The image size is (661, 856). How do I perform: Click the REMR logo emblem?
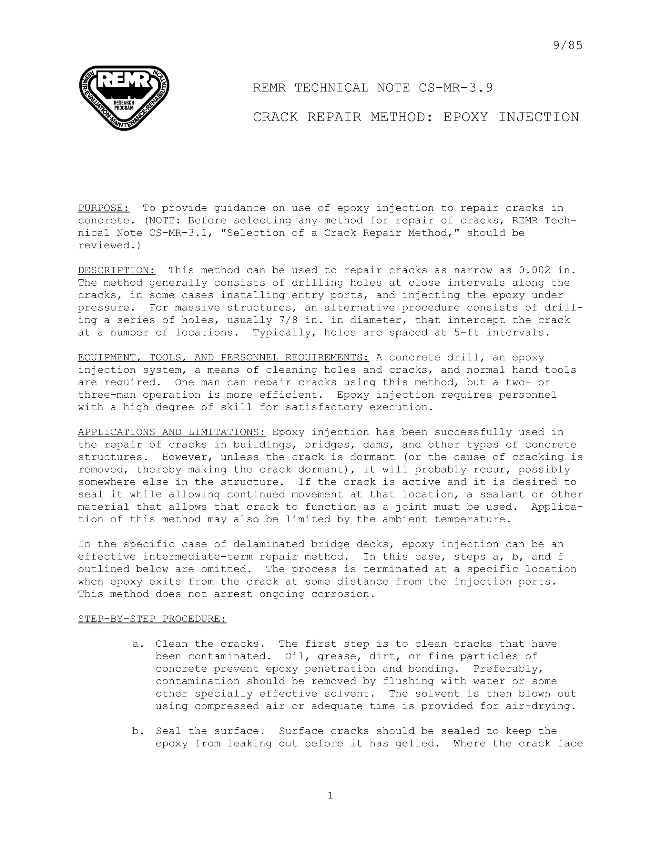pyautogui.click(x=124, y=98)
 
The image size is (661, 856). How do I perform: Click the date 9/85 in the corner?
pyautogui.click(x=568, y=46)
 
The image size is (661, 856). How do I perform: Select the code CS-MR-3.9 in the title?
pyautogui.click(x=455, y=88)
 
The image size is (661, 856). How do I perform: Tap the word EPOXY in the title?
pyautogui.click(x=466, y=117)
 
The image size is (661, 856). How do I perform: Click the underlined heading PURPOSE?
pyautogui.click(x=103, y=208)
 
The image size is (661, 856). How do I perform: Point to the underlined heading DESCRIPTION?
pyautogui.click(x=116, y=270)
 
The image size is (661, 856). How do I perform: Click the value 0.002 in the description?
pyautogui.click(x=534, y=270)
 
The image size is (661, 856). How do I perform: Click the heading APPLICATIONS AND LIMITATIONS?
pyautogui.click(x=171, y=432)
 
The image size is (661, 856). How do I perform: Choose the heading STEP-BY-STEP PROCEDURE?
pyautogui.click(x=152, y=619)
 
